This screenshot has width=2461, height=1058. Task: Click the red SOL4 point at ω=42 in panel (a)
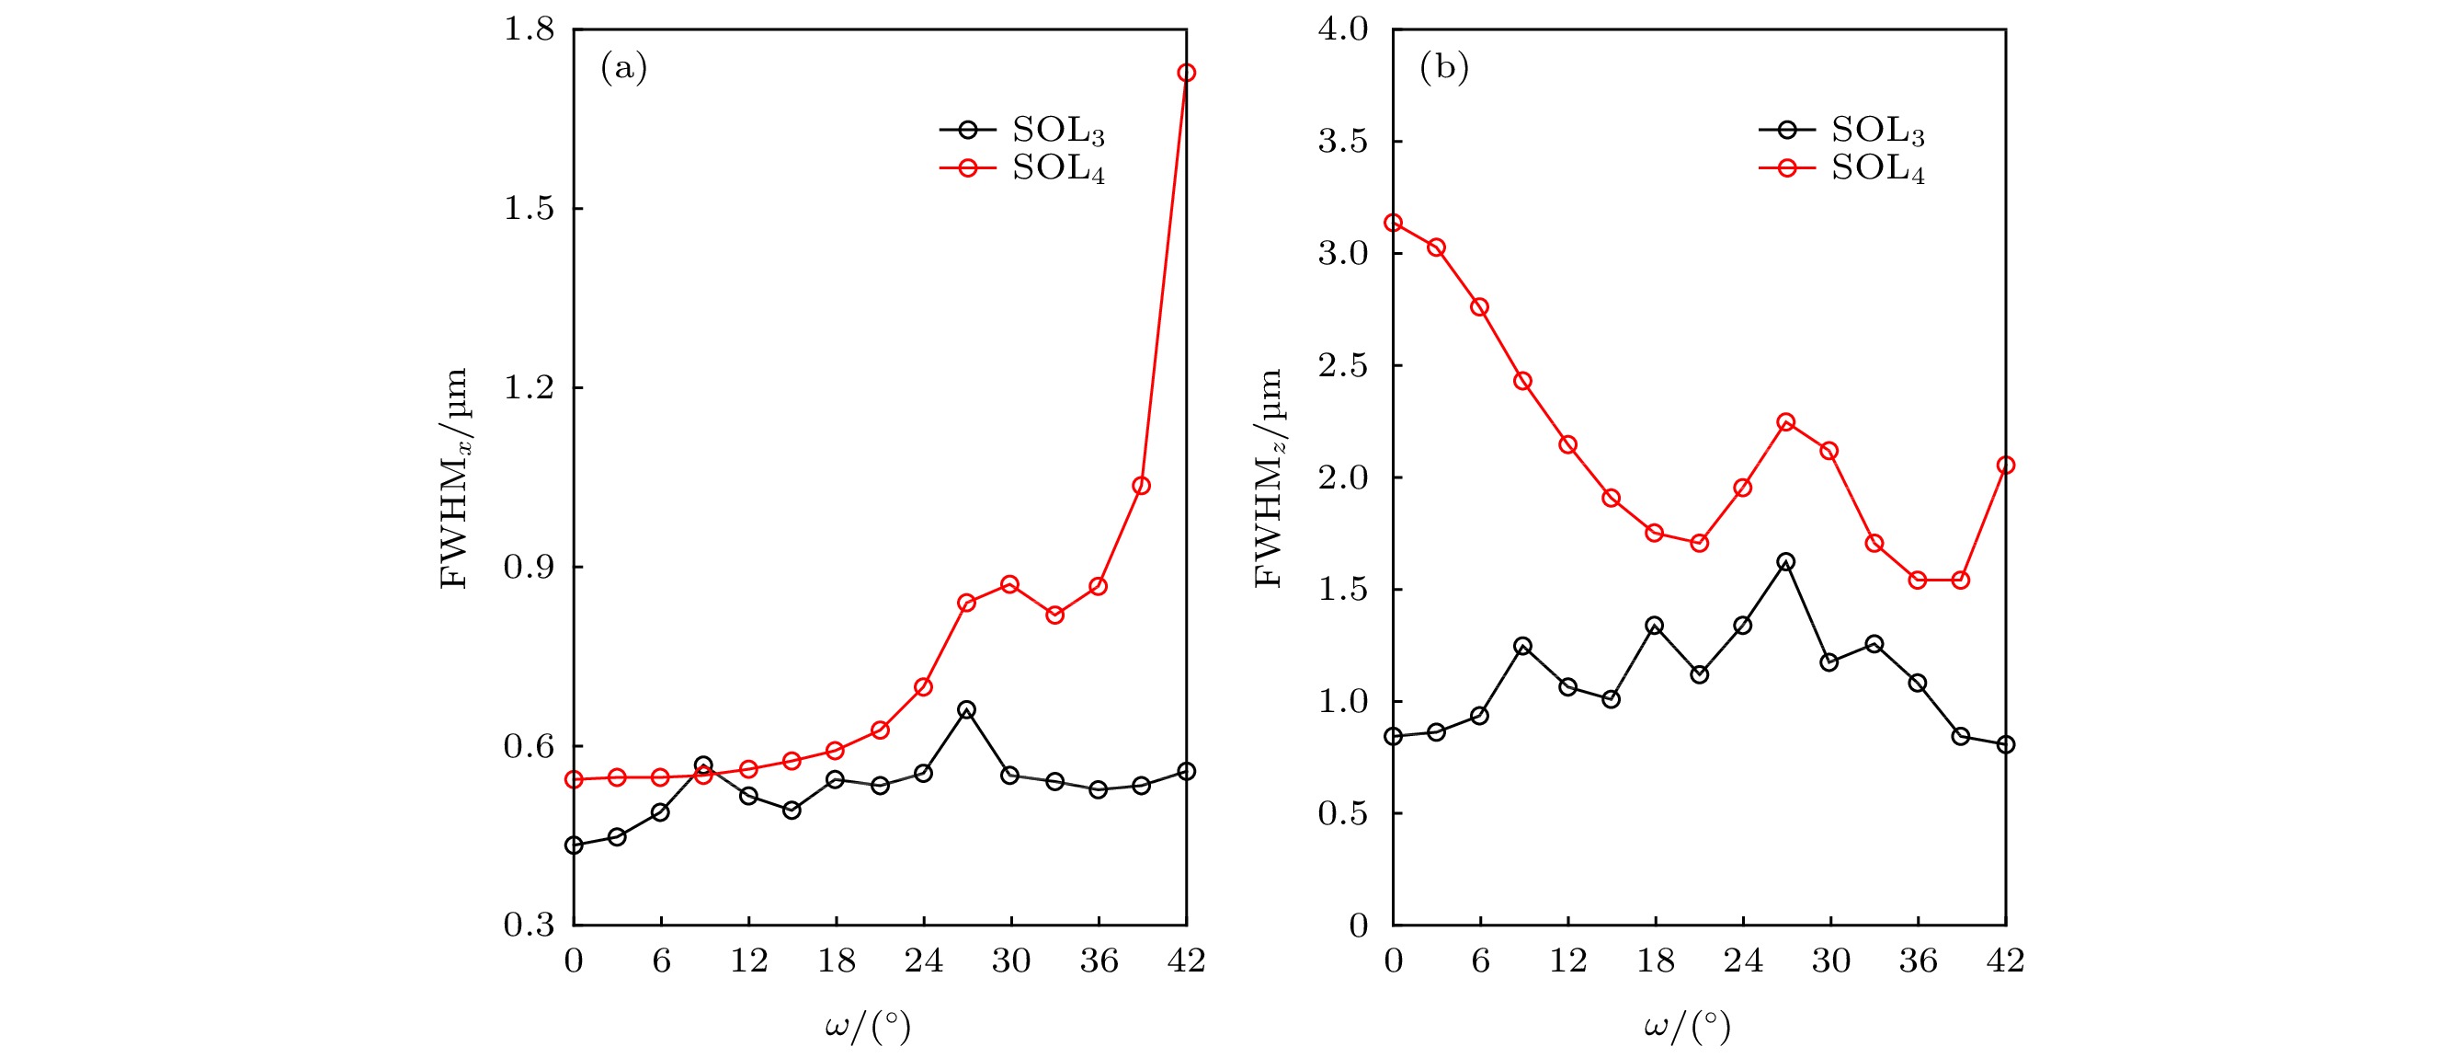(1186, 73)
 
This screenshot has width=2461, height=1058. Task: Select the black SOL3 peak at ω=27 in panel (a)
(967, 710)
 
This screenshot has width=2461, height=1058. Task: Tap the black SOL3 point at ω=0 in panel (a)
(575, 845)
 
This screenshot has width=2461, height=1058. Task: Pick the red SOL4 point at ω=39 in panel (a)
(1141, 486)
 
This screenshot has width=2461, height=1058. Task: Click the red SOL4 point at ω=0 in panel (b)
(1393, 223)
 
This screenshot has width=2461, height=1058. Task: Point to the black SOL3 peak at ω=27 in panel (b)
(1785, 562)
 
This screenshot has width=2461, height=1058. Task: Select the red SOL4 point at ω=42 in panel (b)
(2005, 466)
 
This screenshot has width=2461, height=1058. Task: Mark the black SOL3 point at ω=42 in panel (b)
(2005, 744)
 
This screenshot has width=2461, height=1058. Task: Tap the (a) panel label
(624, 67)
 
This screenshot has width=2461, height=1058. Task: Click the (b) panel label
(1443, 67)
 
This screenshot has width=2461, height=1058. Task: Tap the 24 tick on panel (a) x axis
(923, 960)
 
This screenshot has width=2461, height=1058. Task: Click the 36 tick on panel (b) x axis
(1918, 960)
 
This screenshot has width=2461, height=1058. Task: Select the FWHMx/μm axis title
(455, 477)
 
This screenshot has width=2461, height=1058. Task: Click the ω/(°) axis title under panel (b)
(1687, 1028)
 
